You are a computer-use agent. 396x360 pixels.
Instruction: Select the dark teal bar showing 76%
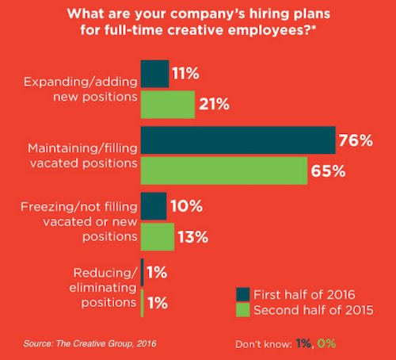(238, 140)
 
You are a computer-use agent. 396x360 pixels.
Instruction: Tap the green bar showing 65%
(224, 169)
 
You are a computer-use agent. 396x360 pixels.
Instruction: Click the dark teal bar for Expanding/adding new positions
(154, 74)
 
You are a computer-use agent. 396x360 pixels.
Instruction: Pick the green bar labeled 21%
(167, 103)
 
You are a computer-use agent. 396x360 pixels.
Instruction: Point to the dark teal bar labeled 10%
(154, 206)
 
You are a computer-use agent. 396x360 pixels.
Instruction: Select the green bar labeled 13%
(157, 236)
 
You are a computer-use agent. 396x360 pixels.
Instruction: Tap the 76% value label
(356, 140)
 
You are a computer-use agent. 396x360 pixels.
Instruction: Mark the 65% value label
(328, 170)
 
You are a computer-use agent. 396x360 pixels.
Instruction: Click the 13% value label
(192, 236)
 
